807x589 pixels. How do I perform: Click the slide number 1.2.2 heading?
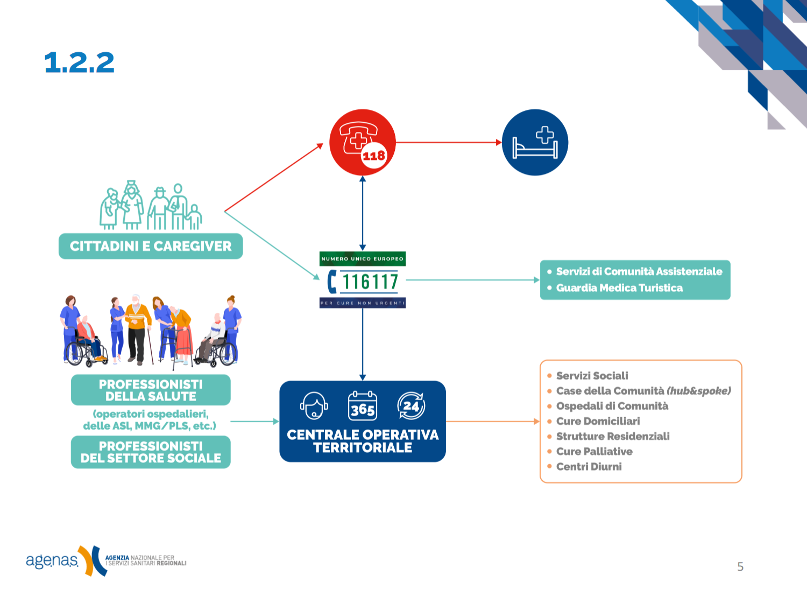point(79,62)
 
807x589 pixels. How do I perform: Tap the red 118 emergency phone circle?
point(362,143)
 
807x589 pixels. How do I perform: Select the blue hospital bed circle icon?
point(535,143)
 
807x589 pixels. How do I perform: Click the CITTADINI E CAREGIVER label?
point(151,246)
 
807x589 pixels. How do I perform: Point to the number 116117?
point(370,281)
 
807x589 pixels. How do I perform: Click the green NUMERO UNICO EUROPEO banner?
point(362,259)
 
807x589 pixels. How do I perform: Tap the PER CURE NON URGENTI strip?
point(362,303)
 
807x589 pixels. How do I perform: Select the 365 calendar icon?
point(362,406)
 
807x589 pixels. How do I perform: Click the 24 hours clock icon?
point(411,406)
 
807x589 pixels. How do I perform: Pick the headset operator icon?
point(314,406)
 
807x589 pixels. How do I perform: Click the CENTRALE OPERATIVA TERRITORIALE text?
point(363,441)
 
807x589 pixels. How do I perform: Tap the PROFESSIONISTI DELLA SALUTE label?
point(151,390)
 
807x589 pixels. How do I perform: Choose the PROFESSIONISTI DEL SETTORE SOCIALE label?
point(151,452)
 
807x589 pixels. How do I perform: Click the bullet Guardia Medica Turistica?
point(619,288)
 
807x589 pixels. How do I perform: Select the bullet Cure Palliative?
point(594,451)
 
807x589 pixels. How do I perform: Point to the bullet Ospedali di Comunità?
point(612,406)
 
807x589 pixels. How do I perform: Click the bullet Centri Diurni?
point(589,466)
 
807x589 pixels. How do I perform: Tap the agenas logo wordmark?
point(52,560)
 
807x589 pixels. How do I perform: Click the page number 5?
point(740,566)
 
